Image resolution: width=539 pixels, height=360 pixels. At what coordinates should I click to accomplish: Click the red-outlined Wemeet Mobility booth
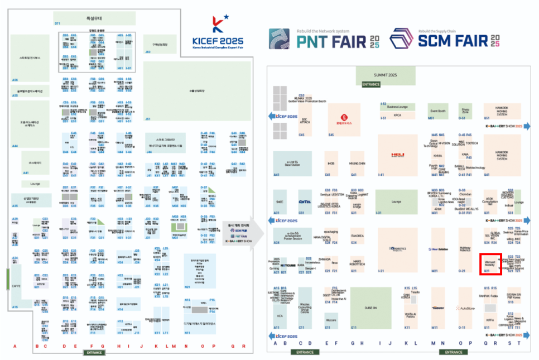point(490,263)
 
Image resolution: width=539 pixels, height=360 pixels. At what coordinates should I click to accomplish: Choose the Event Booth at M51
point(438,111)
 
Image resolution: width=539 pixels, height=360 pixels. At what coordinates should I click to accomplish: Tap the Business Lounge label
point(397,106)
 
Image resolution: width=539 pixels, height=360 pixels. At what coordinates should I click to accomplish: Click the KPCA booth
point(397,116)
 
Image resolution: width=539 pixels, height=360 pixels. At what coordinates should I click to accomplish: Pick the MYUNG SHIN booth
point(357,164)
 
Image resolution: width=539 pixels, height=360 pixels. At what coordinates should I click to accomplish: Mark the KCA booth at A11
point(278,315)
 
